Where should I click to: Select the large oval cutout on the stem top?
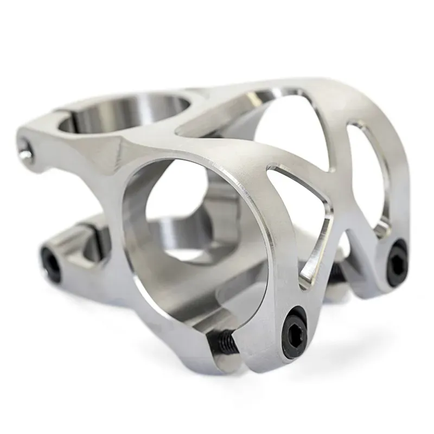tap(288, 130)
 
